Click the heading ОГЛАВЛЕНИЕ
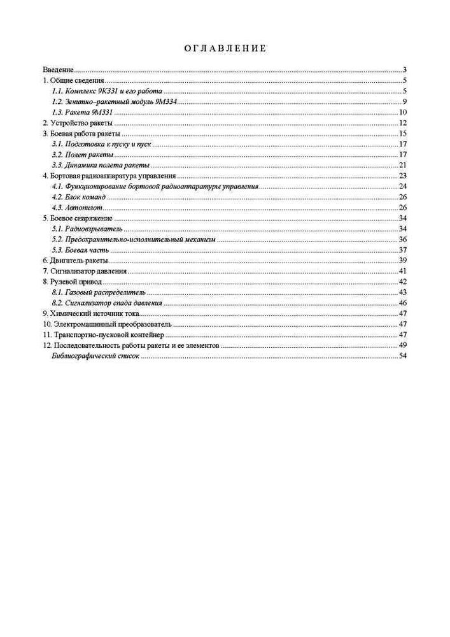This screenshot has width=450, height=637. [x=225, y=48]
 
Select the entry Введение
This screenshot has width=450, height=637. [x=59, y=69]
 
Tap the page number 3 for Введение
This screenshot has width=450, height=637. [x=405, y=69]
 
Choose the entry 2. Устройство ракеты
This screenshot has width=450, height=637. [x=77, y=122]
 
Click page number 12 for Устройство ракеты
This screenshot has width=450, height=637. [x=403, y=122]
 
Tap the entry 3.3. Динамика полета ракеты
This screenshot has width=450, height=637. [x=101, y=165]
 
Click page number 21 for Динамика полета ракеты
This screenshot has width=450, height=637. [x=403, y=165]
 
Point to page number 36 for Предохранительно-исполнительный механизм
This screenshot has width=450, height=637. [x=403, y=240]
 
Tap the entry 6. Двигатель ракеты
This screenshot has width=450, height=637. [x=75, y=261]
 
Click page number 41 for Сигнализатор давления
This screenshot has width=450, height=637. [x=403, y=271]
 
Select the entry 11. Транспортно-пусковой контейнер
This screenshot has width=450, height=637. [x=103, y=334]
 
